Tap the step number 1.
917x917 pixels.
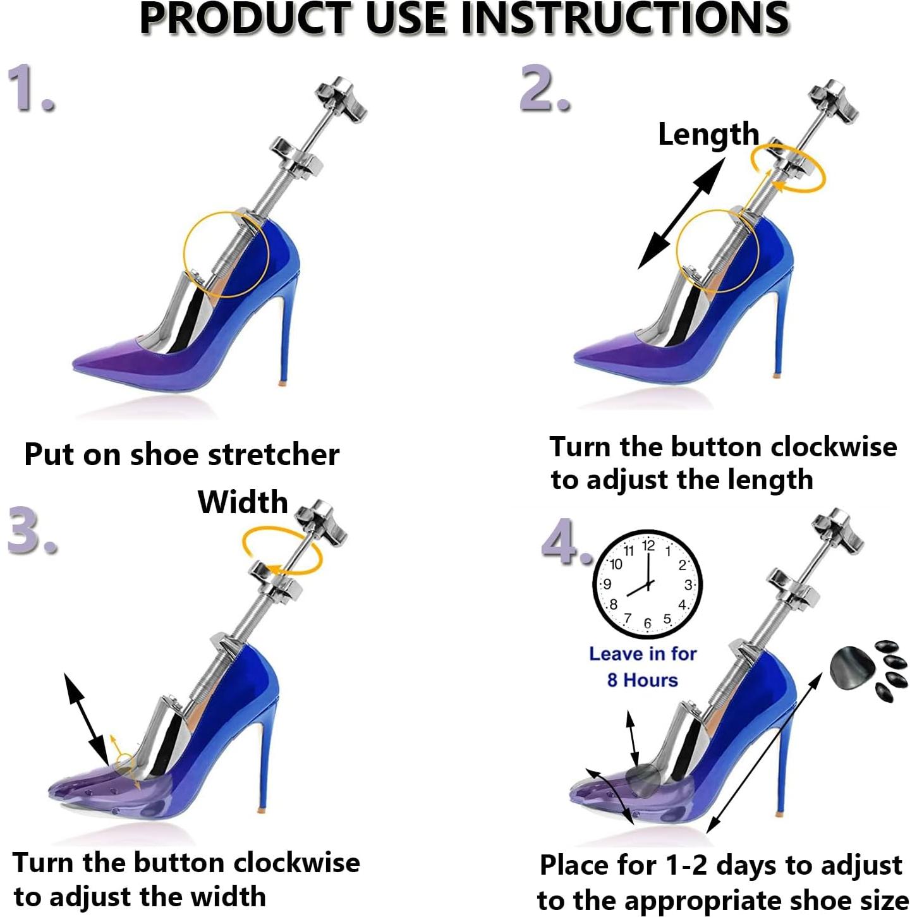tap(30, 88)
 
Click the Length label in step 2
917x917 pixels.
tap(708, 134)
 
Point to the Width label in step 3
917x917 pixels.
tap(243, 502)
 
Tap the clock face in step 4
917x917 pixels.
tap(647, 585)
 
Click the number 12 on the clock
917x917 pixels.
tap(648, 545)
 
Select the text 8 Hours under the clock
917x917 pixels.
tap(642, 680)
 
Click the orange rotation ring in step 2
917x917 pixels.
tap(788, 168)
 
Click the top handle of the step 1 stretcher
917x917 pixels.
tap(341, 98)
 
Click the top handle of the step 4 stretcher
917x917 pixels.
tap(838, 530)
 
